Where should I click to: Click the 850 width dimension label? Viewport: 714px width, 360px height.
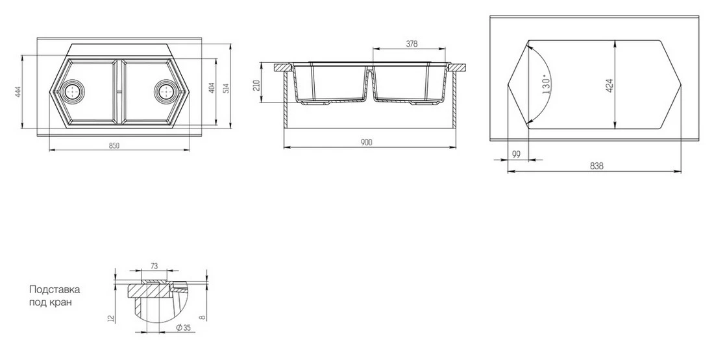114,145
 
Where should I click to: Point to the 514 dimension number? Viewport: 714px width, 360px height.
225,90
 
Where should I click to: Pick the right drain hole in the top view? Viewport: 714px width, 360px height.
165,91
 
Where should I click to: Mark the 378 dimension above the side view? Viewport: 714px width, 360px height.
411,44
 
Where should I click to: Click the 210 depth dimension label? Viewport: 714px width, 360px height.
256,85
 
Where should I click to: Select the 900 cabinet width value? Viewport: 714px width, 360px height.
366,143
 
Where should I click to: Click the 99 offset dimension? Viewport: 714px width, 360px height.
517,154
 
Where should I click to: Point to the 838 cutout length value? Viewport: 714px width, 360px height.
597,166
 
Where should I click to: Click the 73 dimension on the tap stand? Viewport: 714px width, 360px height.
154,266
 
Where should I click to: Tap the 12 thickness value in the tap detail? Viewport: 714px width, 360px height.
111,318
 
